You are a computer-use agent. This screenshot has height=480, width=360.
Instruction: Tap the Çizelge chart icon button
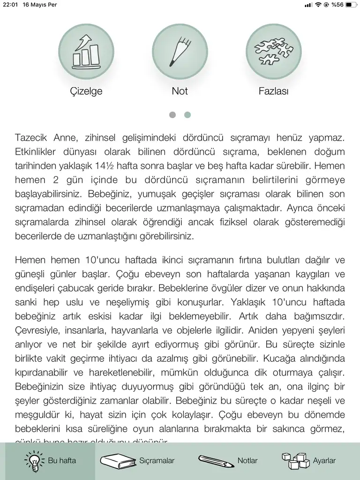tap(86, 51)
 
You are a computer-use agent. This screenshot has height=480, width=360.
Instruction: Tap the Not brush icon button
tap(180, 51)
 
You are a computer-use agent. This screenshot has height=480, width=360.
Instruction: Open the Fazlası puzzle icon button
tap(274, 51)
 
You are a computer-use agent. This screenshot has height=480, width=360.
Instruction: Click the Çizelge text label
tap(86, 91)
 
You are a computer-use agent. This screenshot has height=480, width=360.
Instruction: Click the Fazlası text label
tap(274, 91)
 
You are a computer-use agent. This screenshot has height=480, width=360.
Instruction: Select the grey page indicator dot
tap(172, 115)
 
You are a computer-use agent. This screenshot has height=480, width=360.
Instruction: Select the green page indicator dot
tap(187, 115)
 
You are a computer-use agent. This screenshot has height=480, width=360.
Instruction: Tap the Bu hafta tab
tap(50, 461)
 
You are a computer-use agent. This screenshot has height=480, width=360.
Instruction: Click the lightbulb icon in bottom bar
tap(35, 461)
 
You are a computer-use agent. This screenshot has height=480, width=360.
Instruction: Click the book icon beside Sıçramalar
tap(118, 461)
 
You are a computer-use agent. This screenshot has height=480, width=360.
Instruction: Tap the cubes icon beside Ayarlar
tap(295, 461)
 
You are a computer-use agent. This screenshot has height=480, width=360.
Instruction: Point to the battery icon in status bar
tap(351, 5)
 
